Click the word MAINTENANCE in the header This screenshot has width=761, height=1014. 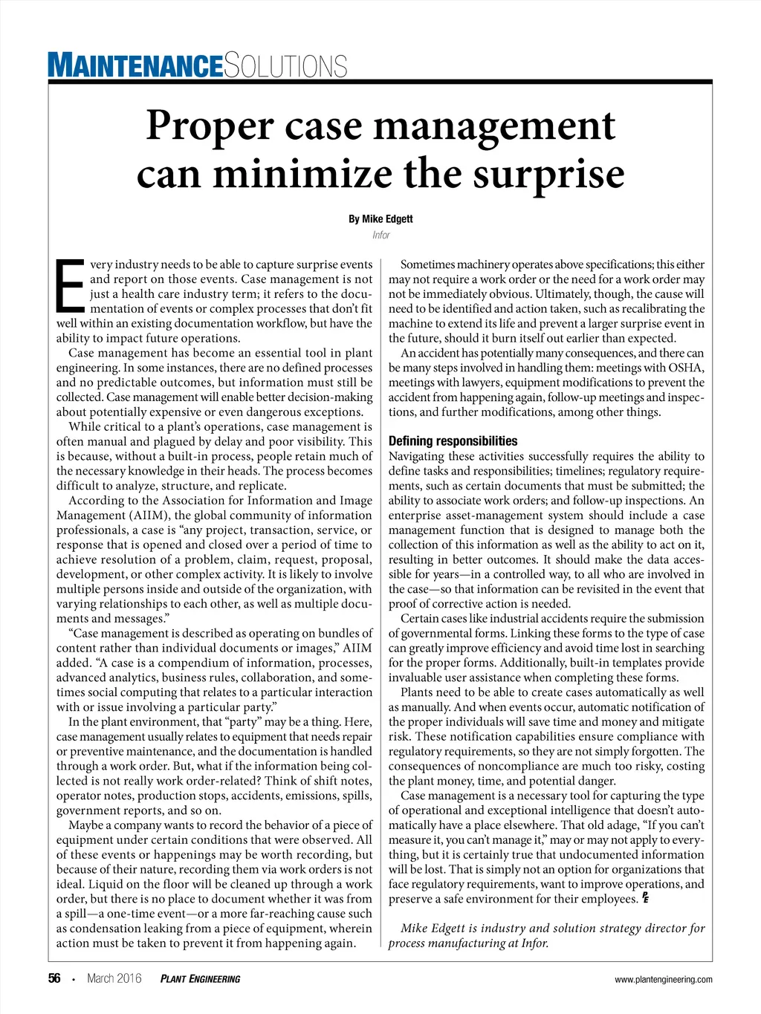coord(135,65)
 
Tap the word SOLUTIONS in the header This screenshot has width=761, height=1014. coord(285,66)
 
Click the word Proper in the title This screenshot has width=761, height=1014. coord(210,126)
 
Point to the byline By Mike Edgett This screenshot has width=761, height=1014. coord(380,219)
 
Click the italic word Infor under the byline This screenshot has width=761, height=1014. coord(380,235)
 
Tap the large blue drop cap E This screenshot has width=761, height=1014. coord(71,285)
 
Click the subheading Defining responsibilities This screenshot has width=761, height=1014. coord(453,441)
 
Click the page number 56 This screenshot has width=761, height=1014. coord(54,978)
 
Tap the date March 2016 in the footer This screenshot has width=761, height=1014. coord(114,978)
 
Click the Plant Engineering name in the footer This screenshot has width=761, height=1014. coord(200,979)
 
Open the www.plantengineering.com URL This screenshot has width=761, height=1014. coord(663,979)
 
